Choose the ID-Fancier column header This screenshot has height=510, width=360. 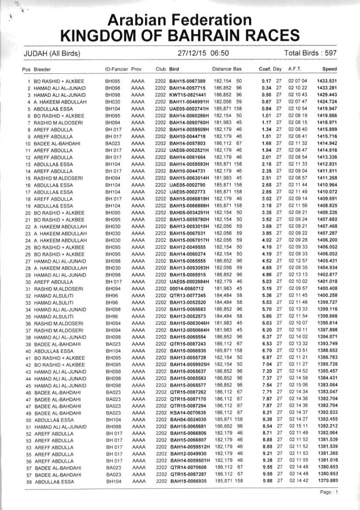117,69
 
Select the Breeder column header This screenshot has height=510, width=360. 41,69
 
